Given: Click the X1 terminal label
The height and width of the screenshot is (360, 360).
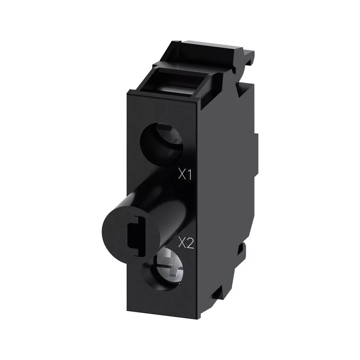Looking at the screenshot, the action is click(x=185, y=174).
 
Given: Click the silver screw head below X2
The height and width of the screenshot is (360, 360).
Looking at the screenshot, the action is click(x=169, y=267).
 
